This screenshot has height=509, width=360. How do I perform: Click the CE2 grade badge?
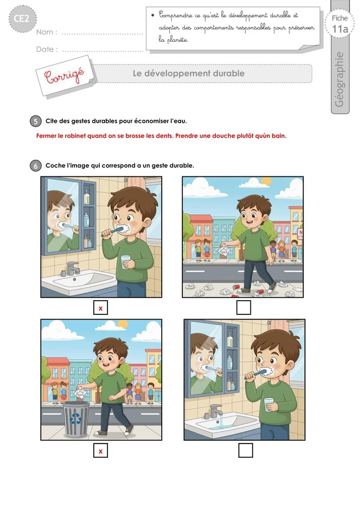coord(22,18)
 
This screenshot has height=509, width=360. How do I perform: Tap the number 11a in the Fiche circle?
coord(340,29)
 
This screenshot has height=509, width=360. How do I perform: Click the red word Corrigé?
coord(64,75)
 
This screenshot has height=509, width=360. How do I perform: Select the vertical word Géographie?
coord(339,79)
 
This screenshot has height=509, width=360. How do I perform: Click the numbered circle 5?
coord(35,121)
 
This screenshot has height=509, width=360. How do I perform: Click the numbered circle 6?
coord(35,166)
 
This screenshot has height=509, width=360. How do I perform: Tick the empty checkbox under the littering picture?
coord(243,307)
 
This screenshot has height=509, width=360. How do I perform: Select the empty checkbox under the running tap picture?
coord(246,451)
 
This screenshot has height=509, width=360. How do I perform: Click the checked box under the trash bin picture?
coord(100,451)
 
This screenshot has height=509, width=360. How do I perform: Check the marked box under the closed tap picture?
coord(100,308)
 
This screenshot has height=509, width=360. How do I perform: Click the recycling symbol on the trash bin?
coord(76,419)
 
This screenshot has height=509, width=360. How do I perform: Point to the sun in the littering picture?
coord(266,181)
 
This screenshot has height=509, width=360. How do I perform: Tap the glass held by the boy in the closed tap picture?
coord(126,262)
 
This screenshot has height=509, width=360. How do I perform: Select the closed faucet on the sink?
coord(72,269)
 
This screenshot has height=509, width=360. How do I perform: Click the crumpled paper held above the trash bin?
coord(79,393)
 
